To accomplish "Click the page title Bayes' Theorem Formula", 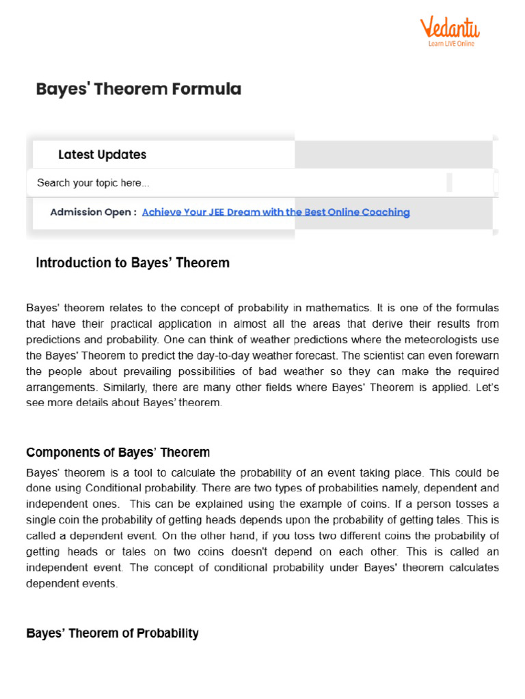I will (x=139, y=89).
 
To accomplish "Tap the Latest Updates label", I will (x=102, y=155).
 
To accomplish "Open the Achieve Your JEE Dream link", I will (x=276, y=212).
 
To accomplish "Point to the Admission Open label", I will (x=93, y=212).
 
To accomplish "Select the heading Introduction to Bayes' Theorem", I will (x=133, y=263).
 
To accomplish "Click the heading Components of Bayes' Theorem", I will (x=118, y=453).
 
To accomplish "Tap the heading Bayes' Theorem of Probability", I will (x=112, y=633).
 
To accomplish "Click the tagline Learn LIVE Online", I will (x=451, y=44).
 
